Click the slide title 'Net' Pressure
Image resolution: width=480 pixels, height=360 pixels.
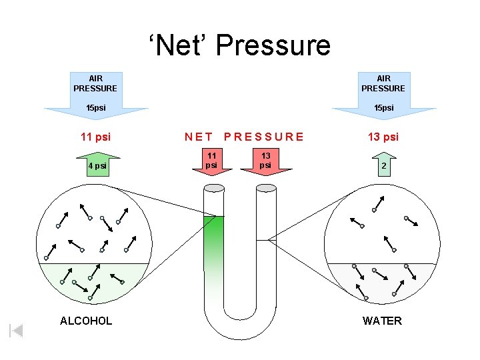point(239,45)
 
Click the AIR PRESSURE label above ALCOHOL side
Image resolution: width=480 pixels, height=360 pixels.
point(95,83)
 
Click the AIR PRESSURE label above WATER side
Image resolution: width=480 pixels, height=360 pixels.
point(383,83)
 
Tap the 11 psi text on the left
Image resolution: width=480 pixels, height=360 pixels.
point(95,137)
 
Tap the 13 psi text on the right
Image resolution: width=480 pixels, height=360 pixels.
point(383,137)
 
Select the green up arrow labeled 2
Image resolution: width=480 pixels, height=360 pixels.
point(384,165)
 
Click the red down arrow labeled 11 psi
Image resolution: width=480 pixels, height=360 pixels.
point(211,163)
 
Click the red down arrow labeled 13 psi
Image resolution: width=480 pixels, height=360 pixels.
point(265,163)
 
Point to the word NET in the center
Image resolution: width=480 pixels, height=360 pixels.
point(199,137)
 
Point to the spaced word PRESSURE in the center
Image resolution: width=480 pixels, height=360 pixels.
point(264,137)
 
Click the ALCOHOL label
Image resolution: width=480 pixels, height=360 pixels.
point(86,321)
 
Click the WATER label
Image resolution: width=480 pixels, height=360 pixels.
point(382,321)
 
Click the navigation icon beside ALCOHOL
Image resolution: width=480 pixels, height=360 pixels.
point(17,330)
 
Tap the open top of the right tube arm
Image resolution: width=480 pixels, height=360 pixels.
point(266,187)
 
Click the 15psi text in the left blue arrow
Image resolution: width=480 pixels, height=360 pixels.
point(95,107)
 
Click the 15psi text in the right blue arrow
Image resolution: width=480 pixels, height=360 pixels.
point(383,107)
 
